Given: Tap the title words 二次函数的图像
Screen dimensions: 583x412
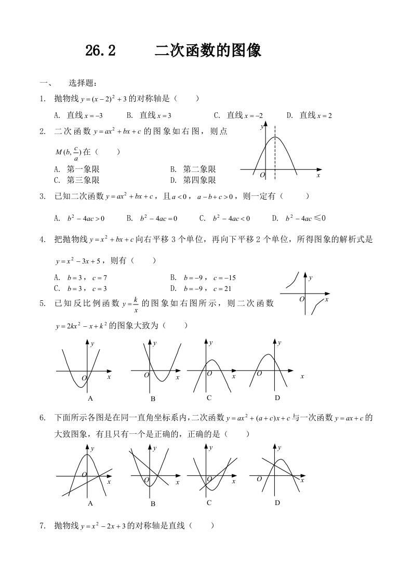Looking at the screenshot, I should click(x=208, y=51).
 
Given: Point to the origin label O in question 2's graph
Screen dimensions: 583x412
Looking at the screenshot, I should click(x=262, y=176).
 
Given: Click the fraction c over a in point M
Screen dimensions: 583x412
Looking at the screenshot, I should click(x=76, y=152).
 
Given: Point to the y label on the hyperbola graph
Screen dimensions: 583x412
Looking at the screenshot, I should click(x=311, y=278).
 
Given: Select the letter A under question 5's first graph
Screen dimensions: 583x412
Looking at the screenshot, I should click(x=90, y=399).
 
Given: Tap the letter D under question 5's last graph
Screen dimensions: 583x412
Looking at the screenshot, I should click(x=277, y=398).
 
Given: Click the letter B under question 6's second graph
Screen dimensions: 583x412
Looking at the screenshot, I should click(x=153, y=504).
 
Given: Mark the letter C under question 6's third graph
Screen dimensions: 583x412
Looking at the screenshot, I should click(x=209, y=503).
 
